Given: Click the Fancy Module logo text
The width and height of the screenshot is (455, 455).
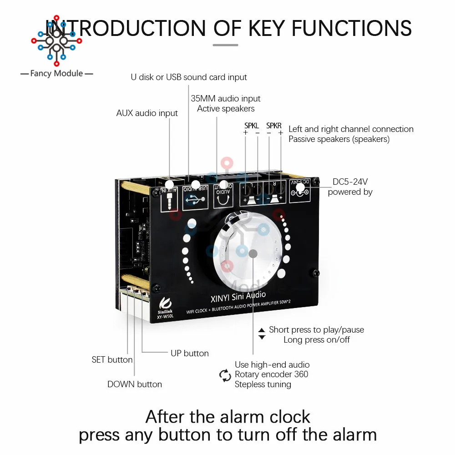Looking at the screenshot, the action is [x=56, y=73].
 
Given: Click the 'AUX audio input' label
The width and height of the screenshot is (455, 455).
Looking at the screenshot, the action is [x=147, y=113].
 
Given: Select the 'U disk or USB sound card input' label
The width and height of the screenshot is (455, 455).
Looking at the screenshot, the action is [x=189, y=77].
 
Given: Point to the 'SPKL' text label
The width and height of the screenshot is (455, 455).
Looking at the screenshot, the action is [x=251, y=125].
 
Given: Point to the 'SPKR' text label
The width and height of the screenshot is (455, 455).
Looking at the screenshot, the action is [x=274, y=125].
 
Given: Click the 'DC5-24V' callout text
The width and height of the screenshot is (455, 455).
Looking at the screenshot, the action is [x=350, y=182].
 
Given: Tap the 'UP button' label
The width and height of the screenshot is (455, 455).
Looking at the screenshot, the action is [x=190, y=353].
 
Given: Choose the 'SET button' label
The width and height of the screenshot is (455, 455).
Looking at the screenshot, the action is [x=112, y=360].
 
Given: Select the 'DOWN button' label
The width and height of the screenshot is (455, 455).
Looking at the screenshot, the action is [x=135, y=384].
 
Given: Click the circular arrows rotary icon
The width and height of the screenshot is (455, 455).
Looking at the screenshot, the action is [x=225, y=375].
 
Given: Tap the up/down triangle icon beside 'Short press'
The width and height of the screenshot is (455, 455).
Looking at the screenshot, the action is [x=262, y=334].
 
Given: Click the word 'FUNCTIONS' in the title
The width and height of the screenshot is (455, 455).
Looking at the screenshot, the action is [x=352, y=28].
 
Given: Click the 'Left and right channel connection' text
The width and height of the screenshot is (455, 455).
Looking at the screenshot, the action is [x=351, y=129].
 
